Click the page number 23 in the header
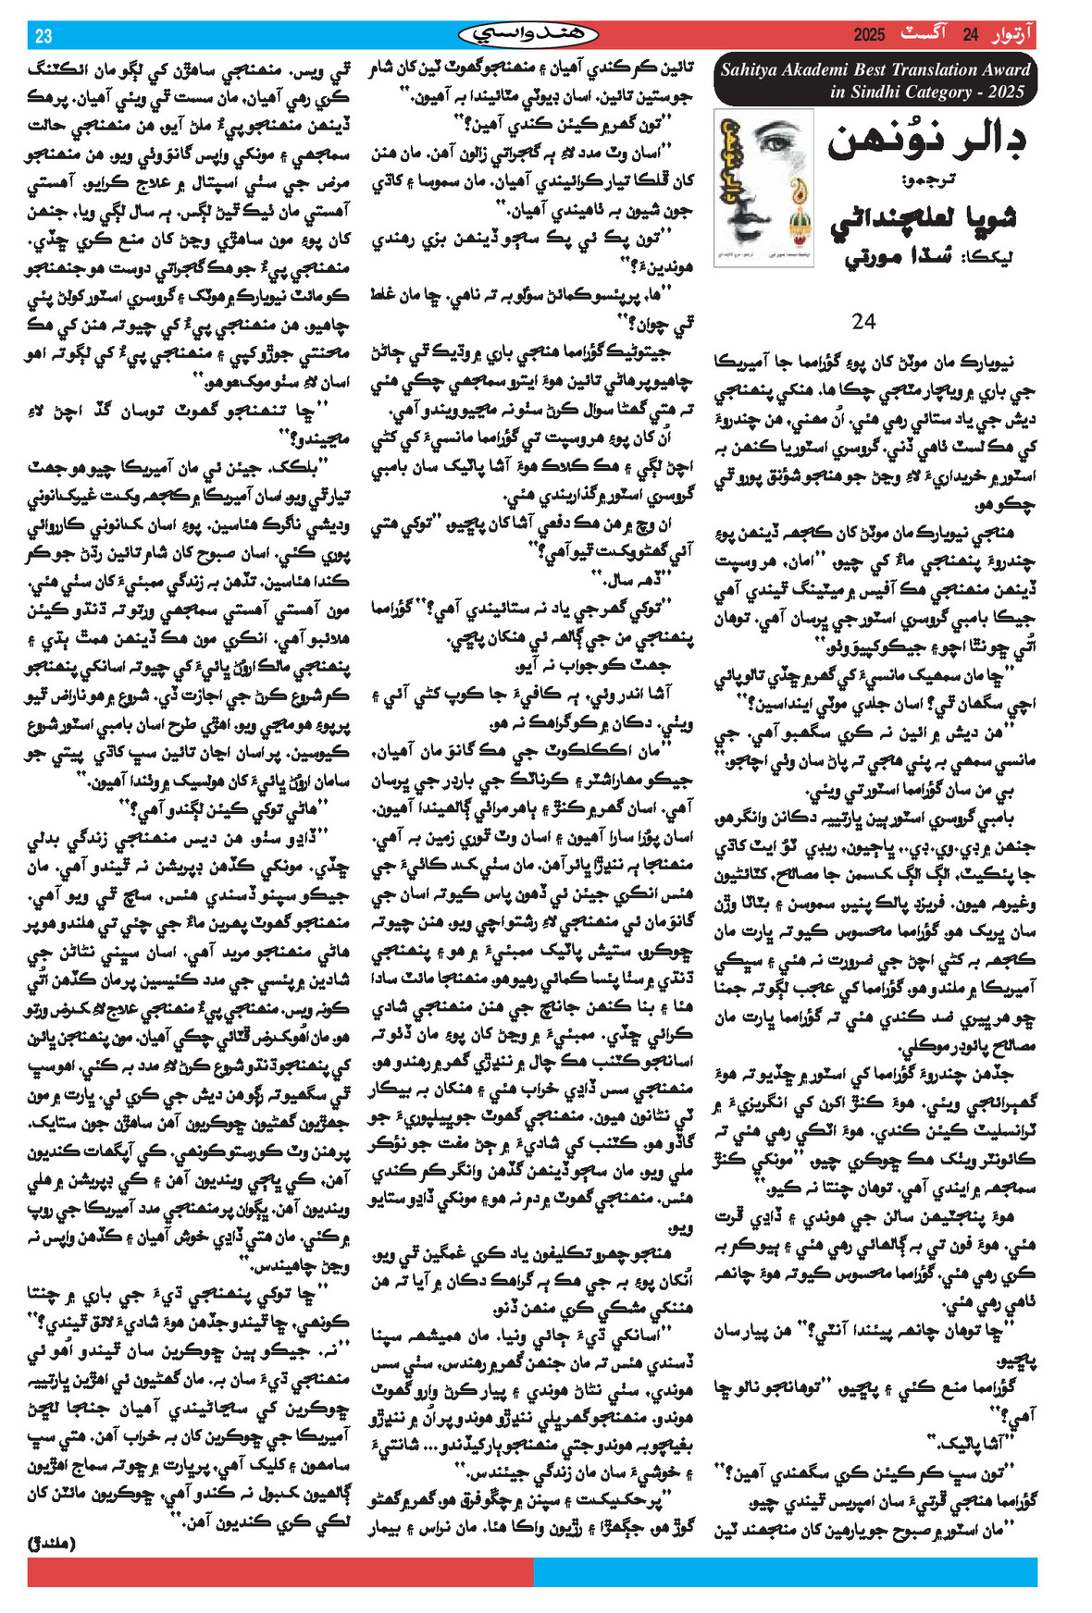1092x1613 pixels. [43, 36]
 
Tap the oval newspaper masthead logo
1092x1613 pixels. [528, 35]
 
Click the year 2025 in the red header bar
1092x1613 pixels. [869, 36]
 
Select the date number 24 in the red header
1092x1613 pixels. [971, 36]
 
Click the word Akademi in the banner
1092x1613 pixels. [820, 70]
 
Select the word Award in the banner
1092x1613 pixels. [1006, 70]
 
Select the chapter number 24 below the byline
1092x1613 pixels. [863, 321]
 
